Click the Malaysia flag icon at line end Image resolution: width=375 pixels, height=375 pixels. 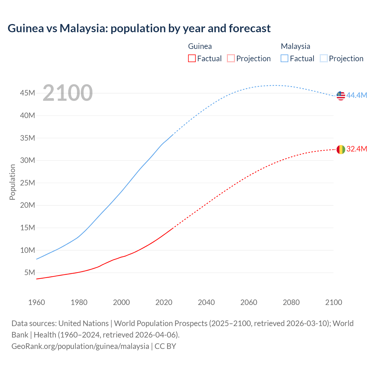[x=341, y=96]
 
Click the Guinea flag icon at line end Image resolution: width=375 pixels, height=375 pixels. [x=341, y=149]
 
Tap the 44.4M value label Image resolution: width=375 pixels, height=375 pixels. [x=357, y=95]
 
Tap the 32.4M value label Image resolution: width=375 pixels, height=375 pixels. [x=357, y=149]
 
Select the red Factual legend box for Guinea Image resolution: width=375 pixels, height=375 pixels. [x=192, y=58]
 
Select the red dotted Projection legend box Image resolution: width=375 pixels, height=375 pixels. [x=231, y=58]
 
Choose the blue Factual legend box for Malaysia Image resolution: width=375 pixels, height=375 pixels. [x=284, y=58]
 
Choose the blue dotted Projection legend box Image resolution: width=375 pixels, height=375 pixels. [x=324, y=58]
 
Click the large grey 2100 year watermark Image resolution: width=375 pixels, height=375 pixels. [x=68, y=93]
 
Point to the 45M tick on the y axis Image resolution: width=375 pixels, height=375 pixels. [x=28, y=93]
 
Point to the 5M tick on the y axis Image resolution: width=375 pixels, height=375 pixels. [x=30, y=273]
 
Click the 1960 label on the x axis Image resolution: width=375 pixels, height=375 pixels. [x=37, y=302]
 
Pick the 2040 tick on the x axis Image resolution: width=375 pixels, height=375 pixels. [x=206, y=302]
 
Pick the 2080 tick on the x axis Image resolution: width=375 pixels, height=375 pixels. [x=291, y=302]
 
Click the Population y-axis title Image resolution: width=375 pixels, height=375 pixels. [x=12, y=182]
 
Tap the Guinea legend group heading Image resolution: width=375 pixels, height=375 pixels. [x=200, y=46]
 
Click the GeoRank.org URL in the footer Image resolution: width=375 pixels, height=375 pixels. [x=80, y=346]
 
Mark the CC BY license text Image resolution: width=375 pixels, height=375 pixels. [x=165, y=346]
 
